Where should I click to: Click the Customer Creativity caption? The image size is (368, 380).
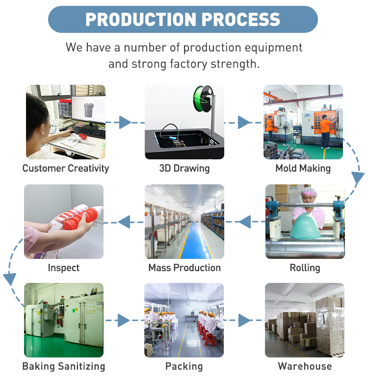[x=66, y=169]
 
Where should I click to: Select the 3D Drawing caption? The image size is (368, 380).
[x=184, y=169]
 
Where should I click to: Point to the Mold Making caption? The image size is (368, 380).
[x=303, y=169]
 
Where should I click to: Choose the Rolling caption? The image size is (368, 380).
[x=305, y=268]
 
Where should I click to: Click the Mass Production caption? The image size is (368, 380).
[x=184, y=268]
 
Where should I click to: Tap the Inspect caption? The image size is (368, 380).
[x=64, y=268]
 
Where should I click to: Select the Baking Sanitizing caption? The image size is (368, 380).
[x=64, y=366]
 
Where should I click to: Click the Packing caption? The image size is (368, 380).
[x=184, y=366]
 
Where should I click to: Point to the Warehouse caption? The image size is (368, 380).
[x=305, y=366]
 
